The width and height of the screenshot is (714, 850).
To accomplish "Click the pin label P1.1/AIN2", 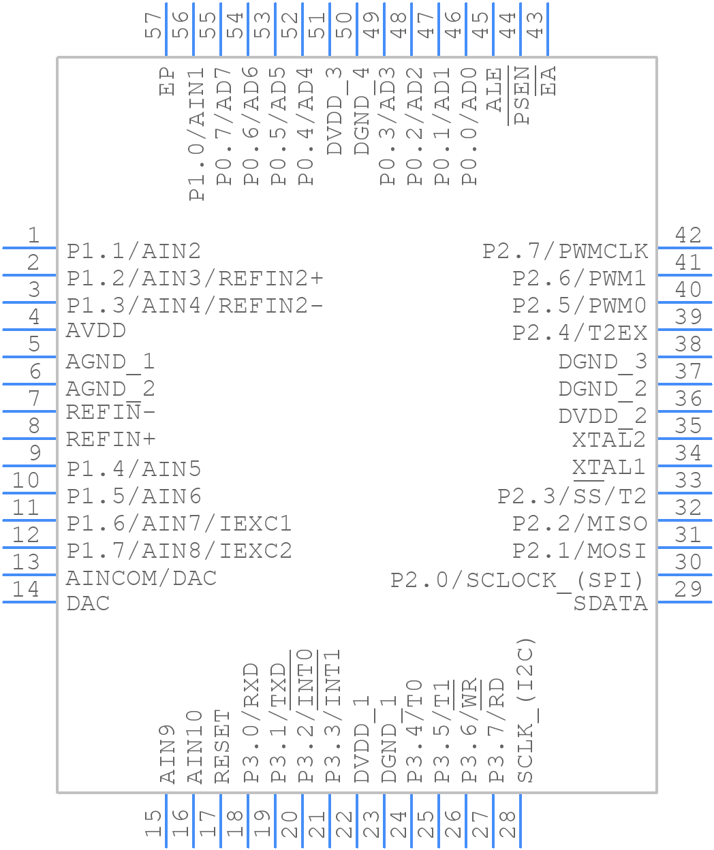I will coord(134,251).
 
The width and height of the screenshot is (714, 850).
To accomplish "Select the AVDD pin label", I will coord(96,331).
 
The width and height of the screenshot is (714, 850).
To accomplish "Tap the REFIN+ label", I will coord(111,440).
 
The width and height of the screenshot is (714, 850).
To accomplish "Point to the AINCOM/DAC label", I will coord(141,578).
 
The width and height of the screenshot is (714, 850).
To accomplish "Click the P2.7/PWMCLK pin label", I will coord(565,251).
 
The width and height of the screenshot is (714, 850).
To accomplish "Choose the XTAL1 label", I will coord(608,467).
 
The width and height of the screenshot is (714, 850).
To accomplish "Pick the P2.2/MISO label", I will coord(579,523).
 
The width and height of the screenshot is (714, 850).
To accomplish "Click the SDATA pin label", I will coord(610,603).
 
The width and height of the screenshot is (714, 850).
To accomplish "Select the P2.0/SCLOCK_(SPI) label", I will coord(517,580).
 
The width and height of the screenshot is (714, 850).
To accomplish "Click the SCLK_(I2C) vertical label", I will coord(525,710).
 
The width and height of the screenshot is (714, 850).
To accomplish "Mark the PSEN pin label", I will coord(523,95).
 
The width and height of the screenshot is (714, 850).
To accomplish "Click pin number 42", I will coord(688,235).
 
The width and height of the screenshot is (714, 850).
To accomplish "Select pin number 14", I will coord(27,589).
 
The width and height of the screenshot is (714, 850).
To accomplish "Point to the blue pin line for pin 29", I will coord(685,602).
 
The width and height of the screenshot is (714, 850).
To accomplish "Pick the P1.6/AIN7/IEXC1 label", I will coord(179,524).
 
